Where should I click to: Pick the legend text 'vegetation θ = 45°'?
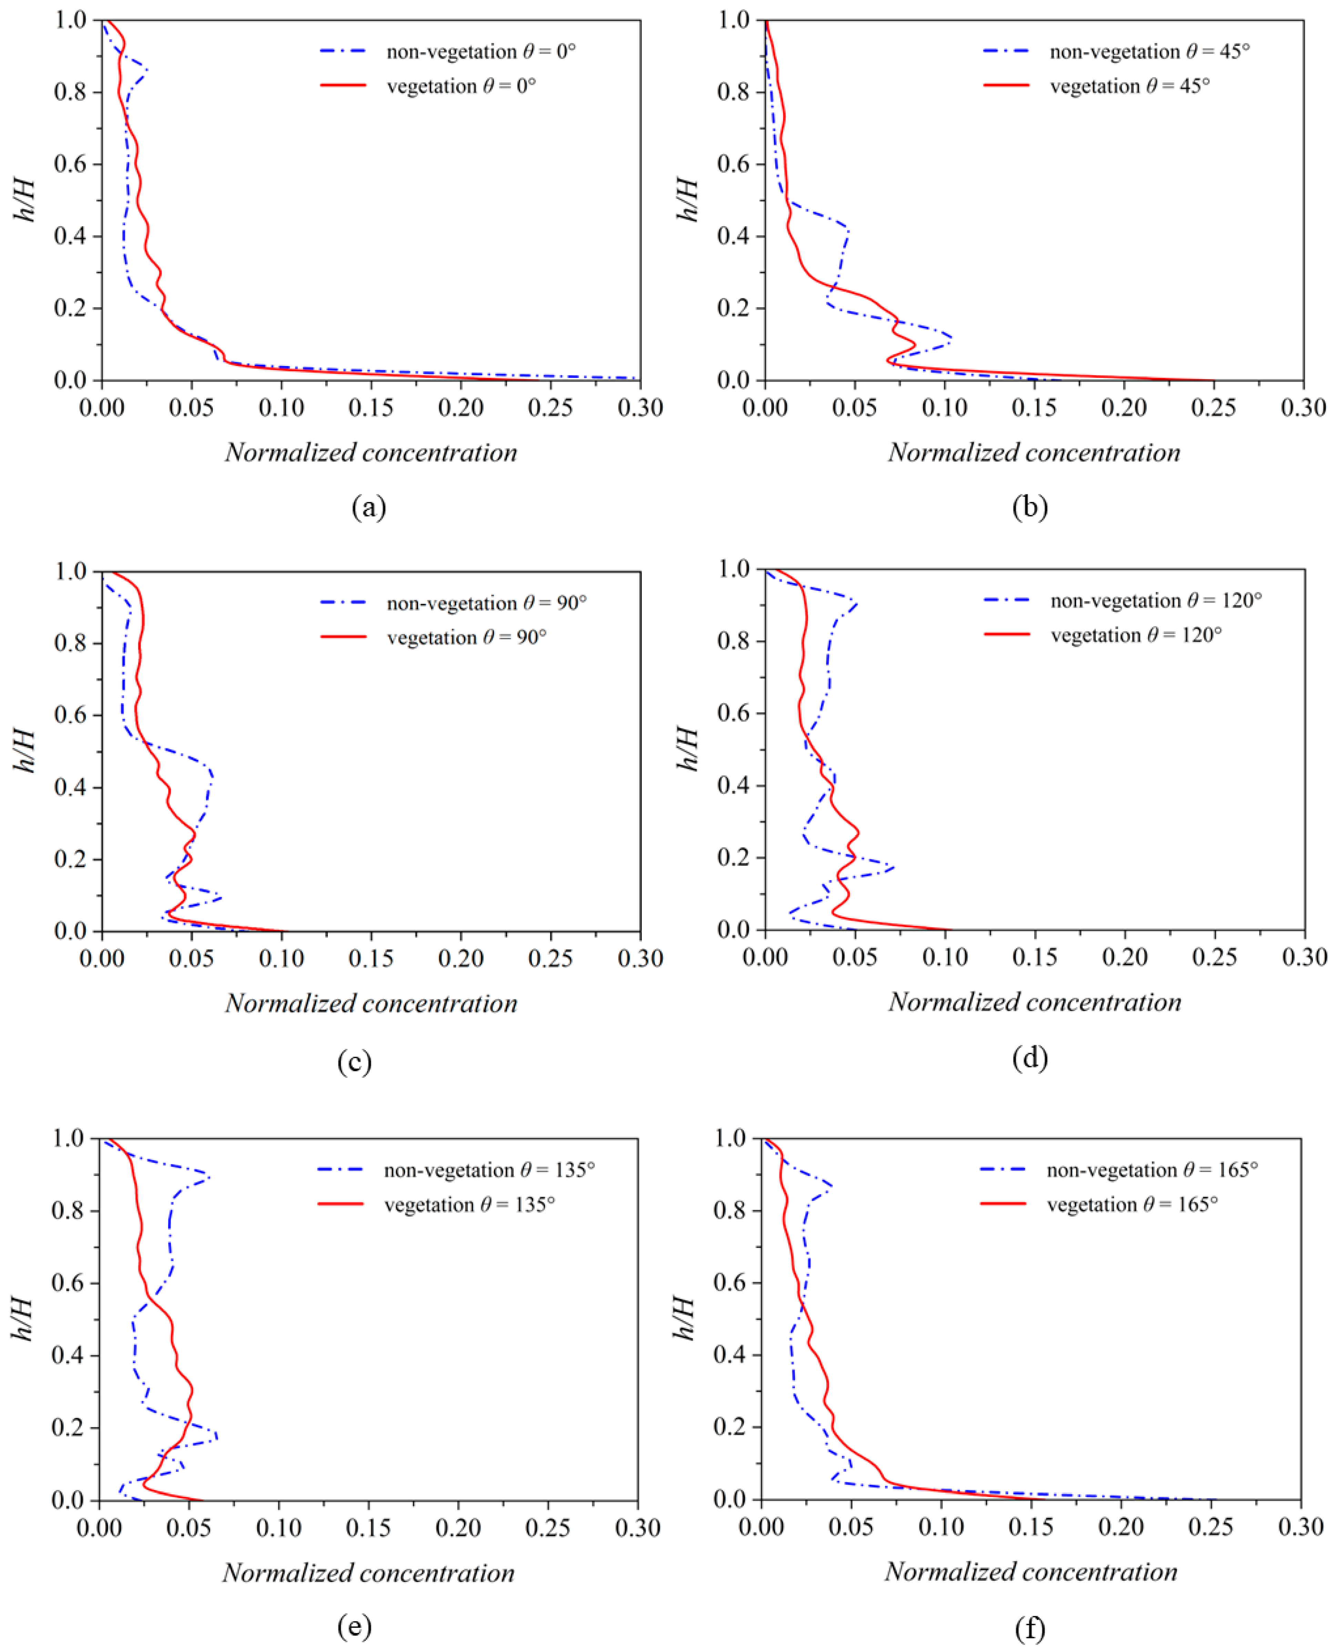point(1130,86)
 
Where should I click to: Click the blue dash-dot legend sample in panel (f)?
point(1003,1170)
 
